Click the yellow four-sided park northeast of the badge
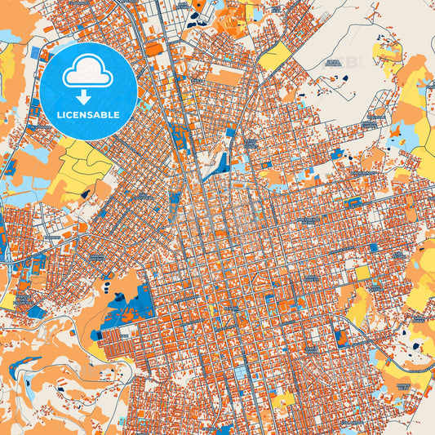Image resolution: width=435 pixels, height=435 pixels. click(x=276, y=56)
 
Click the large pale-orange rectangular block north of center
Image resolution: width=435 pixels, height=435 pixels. click(x=224, y=78)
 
